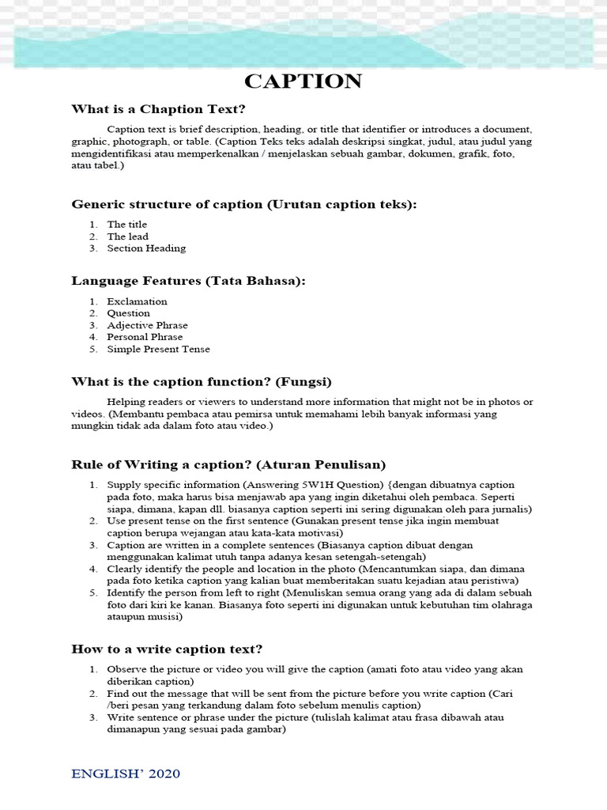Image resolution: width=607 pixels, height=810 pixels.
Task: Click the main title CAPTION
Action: tap(303, 81)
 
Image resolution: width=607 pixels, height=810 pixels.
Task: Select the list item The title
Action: tap(127, 225)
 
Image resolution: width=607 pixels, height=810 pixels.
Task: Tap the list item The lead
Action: tap(128, 237)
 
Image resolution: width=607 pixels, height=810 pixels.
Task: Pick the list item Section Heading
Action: tap(146, 248)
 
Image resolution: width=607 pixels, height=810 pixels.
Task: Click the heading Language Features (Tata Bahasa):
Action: tap(188, 281)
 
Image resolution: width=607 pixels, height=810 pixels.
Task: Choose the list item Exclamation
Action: tap(138, 301)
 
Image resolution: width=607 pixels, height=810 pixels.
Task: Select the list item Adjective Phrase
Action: tap(148, 325)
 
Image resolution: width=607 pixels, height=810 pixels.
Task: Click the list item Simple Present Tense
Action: tap(159, 349)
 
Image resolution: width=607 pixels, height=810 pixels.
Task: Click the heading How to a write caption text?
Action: tap(167, 649)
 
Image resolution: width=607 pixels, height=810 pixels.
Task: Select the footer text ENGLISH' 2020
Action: tap(126, 773)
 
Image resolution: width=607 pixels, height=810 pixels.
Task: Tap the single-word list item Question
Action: tap(129, 313)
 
